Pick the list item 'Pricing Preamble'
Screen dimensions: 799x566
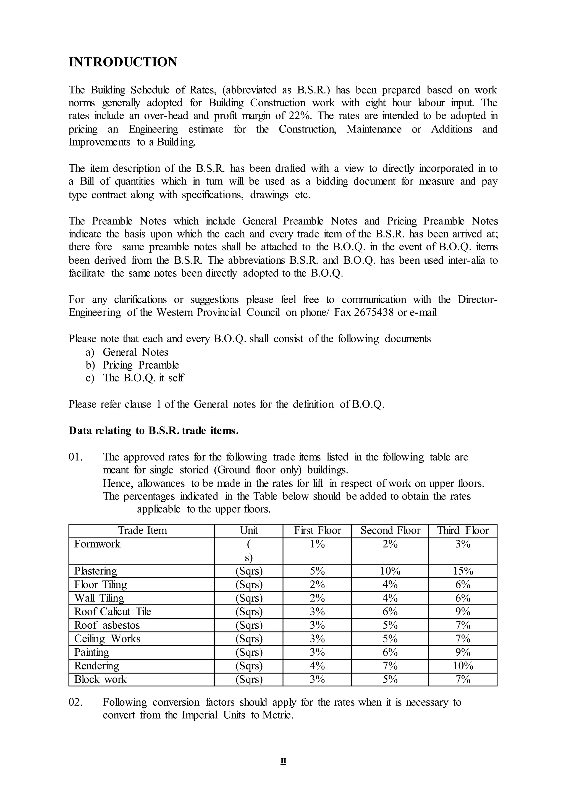[x=140, y=365]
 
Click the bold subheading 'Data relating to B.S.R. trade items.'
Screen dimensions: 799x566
[x=153, y=431]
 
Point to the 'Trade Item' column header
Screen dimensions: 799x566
[x=142, y=530]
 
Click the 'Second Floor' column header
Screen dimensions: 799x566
[x=390, y=530]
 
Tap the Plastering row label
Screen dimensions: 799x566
[x=96, y=571]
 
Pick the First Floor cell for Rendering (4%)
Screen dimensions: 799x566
[x=317, y=666]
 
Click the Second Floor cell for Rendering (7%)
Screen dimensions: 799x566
[x=390, y=666]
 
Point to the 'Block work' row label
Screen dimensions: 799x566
[x=100, y=679]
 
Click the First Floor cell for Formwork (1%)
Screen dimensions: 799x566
[x=317, y=544]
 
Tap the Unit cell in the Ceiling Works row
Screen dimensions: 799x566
[x=249, y=639]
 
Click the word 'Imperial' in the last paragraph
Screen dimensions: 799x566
[x=199, y=715]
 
